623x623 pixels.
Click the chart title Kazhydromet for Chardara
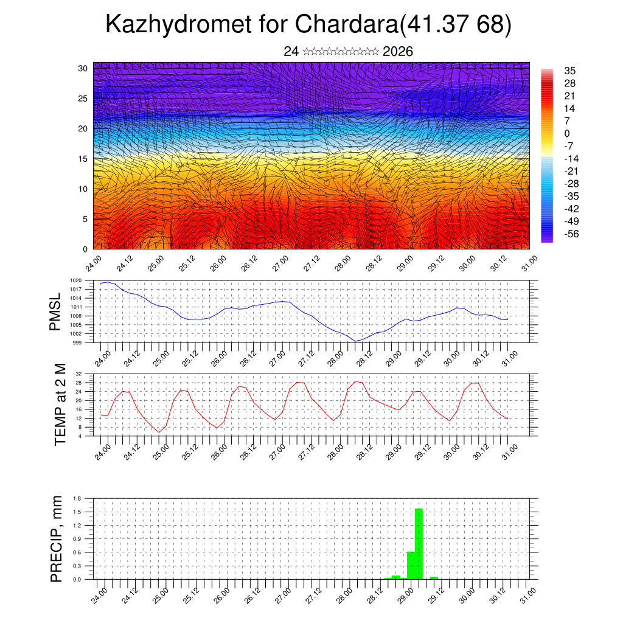click(x=308, y=25)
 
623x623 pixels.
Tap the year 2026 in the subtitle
click(x=398, y=52)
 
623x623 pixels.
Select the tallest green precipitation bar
click(x=419, y=543)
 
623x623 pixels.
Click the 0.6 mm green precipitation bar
click(x=411, y=565)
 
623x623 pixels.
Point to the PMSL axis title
click(x=55, y=311)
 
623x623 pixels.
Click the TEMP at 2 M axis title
click(x=60, y=404)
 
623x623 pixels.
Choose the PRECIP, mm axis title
click(x=57, y=538)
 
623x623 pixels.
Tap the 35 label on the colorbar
click(x=570, y=71)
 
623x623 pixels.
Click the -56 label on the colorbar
click(x=572, y=234)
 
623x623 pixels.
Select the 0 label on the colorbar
click(x=567, y=133)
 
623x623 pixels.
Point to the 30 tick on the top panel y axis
click(x=83, y=68)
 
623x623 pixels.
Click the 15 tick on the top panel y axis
click(x=83, y=159)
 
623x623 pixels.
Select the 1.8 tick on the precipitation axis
click(x=77, y=498)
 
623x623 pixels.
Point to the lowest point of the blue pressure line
click(x=357, y=341)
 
